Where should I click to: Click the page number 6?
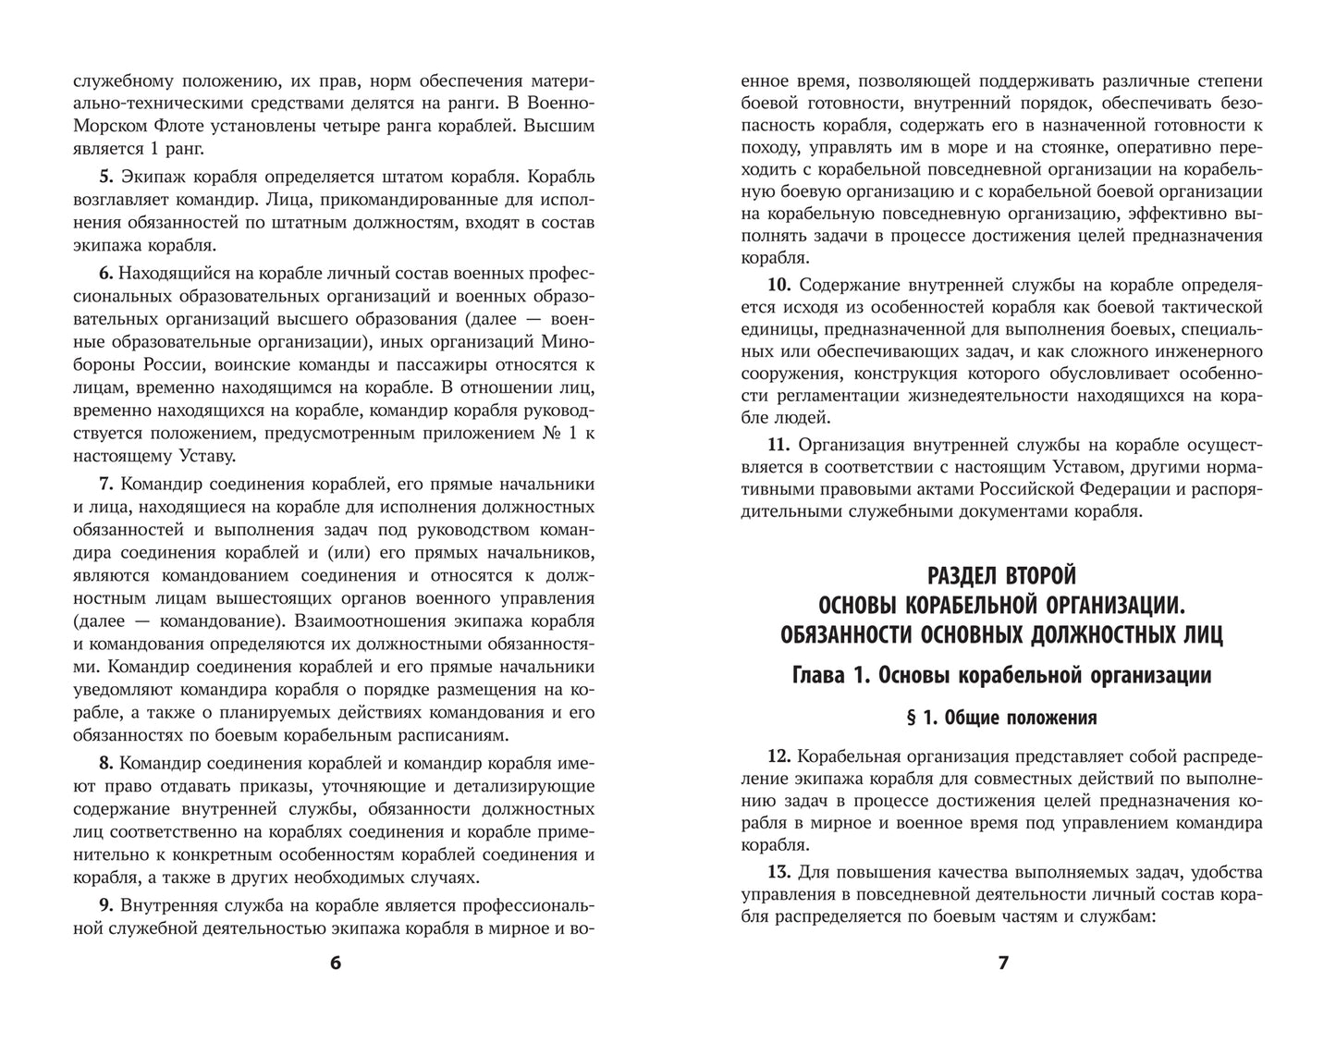(335, 963)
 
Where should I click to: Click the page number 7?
(1003, 963)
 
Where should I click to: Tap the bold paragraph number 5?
(104, 176)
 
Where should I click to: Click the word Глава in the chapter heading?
(822, 676)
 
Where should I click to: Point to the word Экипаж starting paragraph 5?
(153, 176)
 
